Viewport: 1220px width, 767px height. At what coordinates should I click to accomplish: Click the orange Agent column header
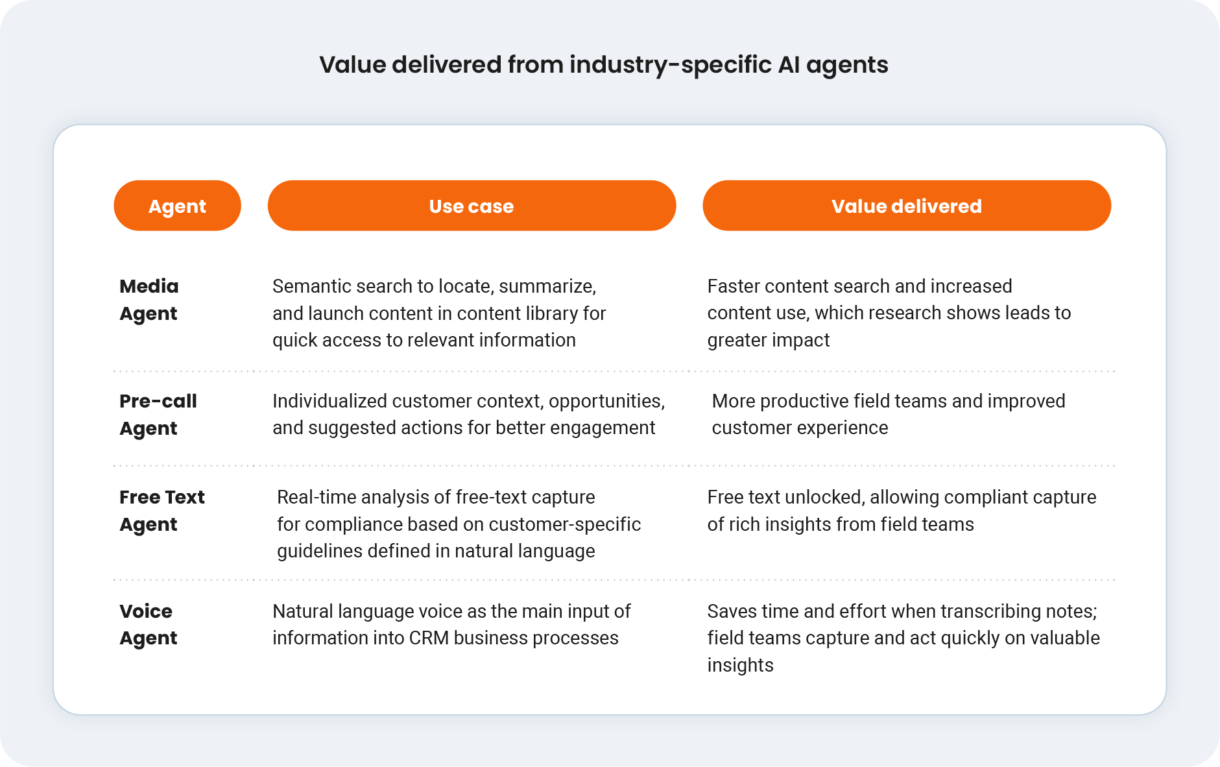(177, 206)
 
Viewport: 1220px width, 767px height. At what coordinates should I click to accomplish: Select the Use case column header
(472, 206)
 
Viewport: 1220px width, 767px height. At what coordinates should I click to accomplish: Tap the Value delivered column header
(907, 206)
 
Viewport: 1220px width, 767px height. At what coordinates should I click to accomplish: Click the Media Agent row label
(149, 300)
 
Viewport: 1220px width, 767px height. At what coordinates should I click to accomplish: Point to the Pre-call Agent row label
(158, 415)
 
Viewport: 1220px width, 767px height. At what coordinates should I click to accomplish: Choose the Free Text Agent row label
(162, 511)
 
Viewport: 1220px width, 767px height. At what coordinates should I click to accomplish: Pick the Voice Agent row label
(149, 624)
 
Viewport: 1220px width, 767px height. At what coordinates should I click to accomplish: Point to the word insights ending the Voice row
(740, 665)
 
